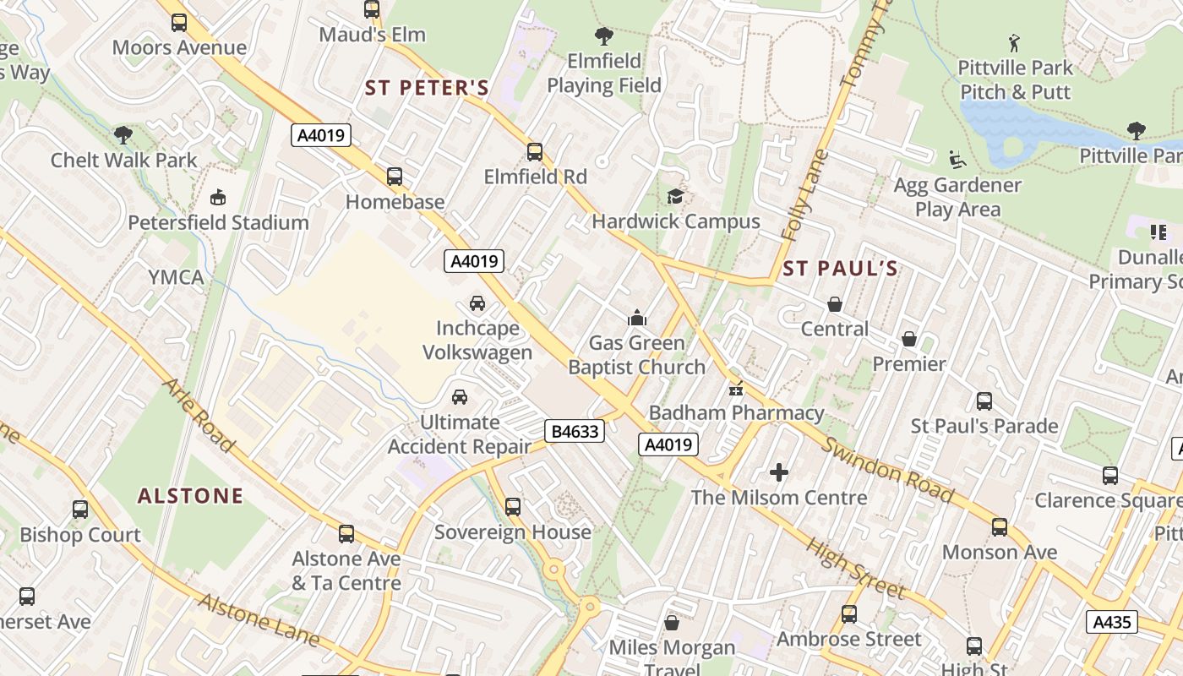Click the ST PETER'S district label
click(x=427, y=88)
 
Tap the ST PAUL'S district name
click(x=839, y=269)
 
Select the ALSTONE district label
click(x=190, y=495)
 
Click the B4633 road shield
click(x=575, y=432)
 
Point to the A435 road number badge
click(x=1111, y=623)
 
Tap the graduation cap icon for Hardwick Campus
click(x=675, y=197)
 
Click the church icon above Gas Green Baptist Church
click(x=636, y=318)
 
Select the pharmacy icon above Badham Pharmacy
click(x=735, y=389)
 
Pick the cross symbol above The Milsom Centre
click(x=779, y=472)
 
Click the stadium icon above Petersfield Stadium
click(x=218, y=198)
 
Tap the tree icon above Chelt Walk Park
click(x=123, y=134)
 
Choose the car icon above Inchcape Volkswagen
click(x=477, y=303)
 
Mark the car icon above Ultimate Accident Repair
click(x=460, y=396)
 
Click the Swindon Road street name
click(x=888, y=471)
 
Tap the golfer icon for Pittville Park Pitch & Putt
click(x=1014, y=42)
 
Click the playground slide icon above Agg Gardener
click(x=957, y=159)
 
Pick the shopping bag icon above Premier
click(x=909, y=339)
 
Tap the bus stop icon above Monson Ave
click(x=1000, y=527)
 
